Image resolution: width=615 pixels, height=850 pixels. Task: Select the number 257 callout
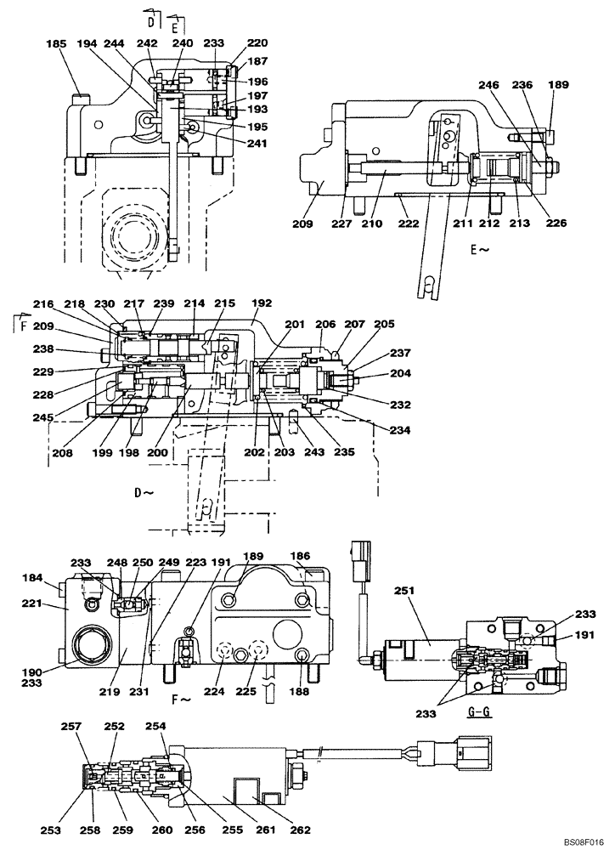(x=71, y=728)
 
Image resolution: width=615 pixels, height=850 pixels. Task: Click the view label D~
(x=143, y=492)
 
